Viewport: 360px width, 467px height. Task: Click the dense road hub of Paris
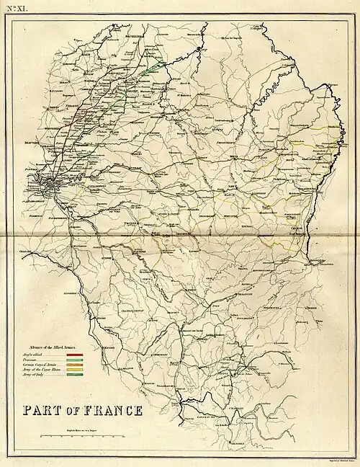(53, 187)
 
